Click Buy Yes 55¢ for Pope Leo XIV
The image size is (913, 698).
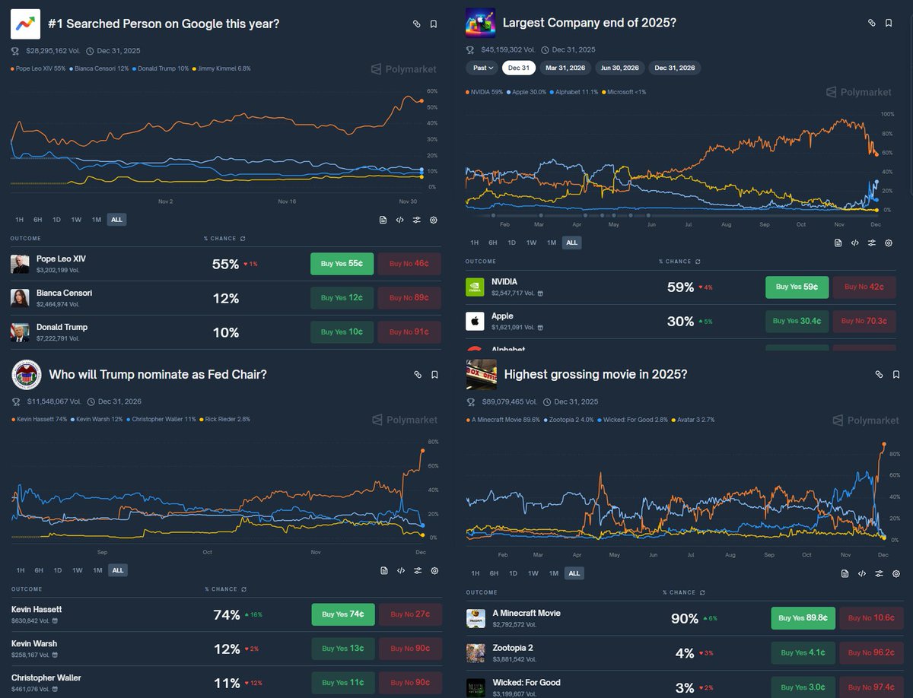click(342, 263)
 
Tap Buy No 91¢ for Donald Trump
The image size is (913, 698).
click(409, 332)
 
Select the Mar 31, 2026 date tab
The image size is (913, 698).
click(565, 68)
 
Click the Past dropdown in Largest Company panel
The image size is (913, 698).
click(482, 68)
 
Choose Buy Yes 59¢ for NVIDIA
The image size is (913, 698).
click(797, 287)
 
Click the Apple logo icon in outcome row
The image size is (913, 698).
click(475, 321)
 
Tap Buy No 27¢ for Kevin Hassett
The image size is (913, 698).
click(410, 614)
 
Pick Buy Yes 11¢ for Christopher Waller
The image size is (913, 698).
click(342, 683)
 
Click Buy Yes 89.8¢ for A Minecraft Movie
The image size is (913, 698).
click(802, 618)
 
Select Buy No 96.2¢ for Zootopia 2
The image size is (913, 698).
click(871, 652)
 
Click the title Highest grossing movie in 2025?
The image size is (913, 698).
click(595, 374)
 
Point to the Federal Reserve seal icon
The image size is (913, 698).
click(26, 374)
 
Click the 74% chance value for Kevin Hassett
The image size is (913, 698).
click(227, 614)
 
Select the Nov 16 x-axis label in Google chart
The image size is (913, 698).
click(286, 201)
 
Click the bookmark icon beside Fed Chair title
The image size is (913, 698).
click(434, 374)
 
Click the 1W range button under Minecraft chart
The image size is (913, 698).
click(533, 573)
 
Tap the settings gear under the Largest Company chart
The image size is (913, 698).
click(888, 243)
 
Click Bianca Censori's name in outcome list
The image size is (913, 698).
click(64, 293)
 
